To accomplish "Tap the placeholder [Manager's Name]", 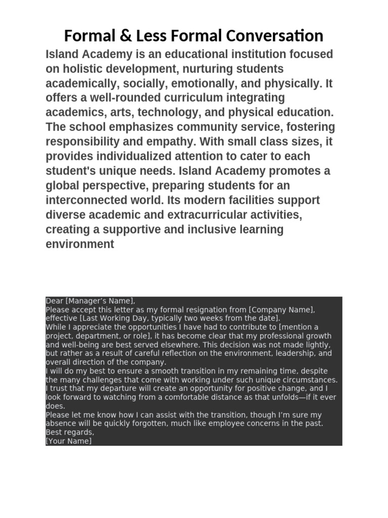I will click(x=100, y=301).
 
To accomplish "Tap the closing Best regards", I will click(x=70, y=433).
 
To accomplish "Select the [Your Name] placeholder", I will click(x=69, y=441).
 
